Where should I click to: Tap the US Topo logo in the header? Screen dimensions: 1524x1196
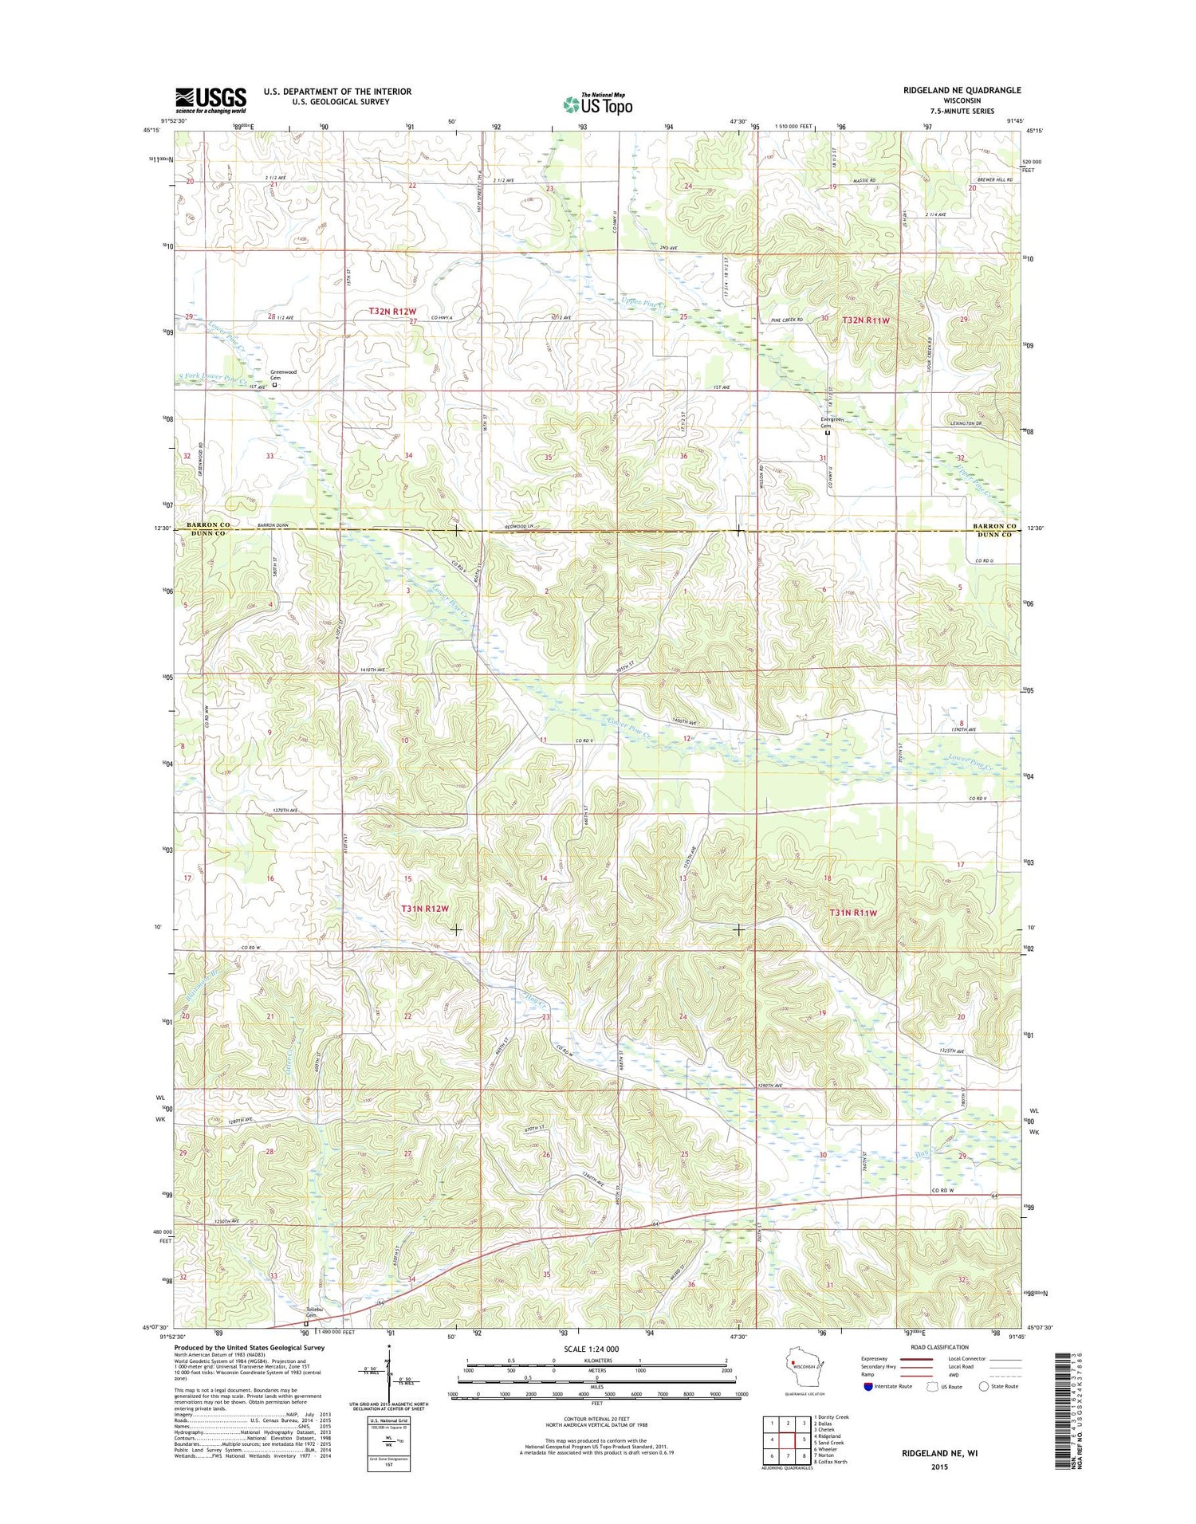pos(598,104)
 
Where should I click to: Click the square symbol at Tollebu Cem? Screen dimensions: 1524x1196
pos(305,1324)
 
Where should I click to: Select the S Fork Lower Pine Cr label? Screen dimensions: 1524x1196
pos(211,376)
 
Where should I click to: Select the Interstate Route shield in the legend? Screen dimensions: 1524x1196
pos(867,1386)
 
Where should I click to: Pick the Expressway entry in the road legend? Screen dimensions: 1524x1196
pos(875,1358)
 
